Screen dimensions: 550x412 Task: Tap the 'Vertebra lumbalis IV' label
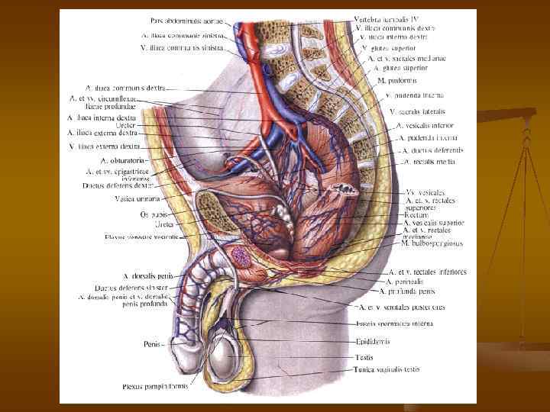click(x=386, y=18)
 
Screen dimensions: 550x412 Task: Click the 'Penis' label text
click(x=152, y=344)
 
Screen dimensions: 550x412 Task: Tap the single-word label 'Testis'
click(x=365, y=356)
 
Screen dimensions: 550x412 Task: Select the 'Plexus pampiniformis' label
click(x=156, y=387)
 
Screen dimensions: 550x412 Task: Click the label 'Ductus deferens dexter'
click(x=118, y=185)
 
